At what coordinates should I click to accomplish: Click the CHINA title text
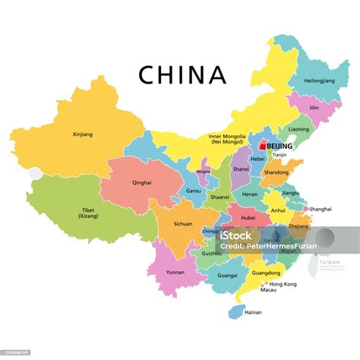pyautogui.click(x=182, y=74)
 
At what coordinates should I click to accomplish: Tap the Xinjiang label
pyautogui.click(x=81, y=134)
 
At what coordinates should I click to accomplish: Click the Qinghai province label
pyautogui.click(x=141, y=182)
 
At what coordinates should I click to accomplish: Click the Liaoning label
pyautogui.click(x=298, y=129)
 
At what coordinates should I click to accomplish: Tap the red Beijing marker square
pyautogui.click(x=262, y=145)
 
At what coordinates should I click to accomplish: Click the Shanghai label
pyautogui.click(x=321, y=208)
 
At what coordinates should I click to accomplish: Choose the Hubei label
pyautogui.click(x=248, y=217)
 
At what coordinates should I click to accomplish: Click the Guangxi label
pyautogui.click(x=226, y=276)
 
